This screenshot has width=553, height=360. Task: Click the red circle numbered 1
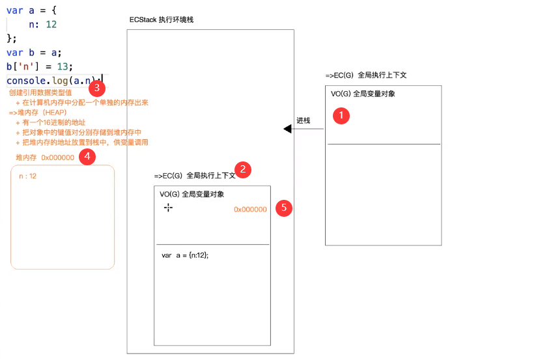[341, 116]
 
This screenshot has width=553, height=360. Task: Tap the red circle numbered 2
[243, 170]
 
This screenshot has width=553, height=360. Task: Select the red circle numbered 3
[96, 88]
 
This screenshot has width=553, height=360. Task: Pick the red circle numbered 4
[87, 157]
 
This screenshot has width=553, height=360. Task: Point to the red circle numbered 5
[283, 208]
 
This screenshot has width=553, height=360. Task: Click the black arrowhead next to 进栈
[287, 129]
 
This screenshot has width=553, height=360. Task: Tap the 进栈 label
[304, 120]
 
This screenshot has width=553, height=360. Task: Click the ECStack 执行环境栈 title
[161, 20]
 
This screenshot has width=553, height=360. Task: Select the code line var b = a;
[34, 53]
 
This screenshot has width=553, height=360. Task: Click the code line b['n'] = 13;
[40, 66]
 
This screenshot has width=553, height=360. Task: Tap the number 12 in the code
[51, 24]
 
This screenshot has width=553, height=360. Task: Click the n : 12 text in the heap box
[28, 176]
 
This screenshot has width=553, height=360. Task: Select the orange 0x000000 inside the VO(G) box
[250, 210]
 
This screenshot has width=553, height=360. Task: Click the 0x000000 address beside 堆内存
[57, 158]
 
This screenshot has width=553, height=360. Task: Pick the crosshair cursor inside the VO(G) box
[168, 207]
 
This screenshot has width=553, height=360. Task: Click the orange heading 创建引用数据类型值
[40, 93]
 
